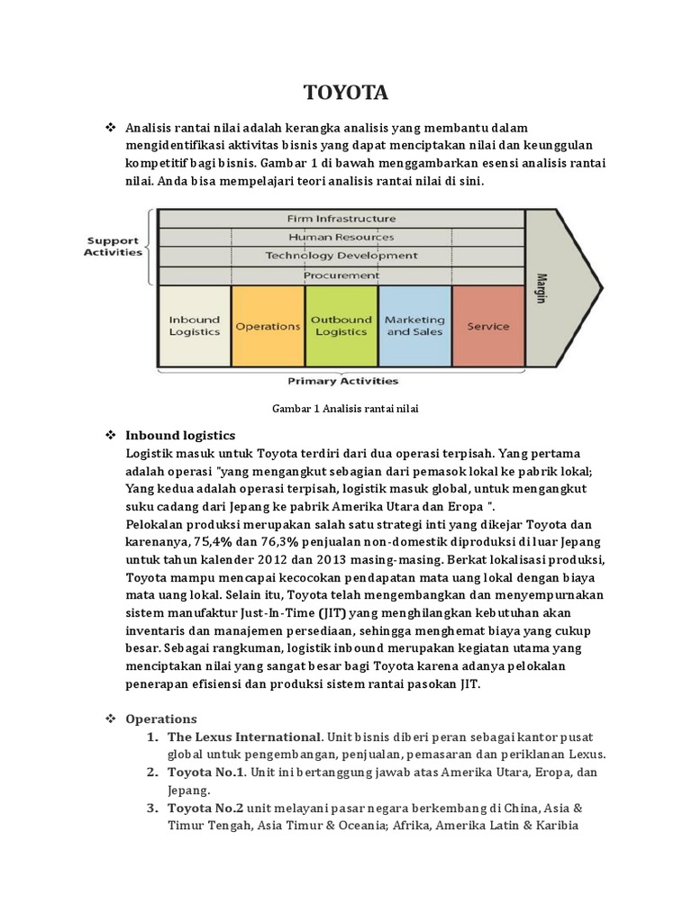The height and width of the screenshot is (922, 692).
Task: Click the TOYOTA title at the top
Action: (346, 93)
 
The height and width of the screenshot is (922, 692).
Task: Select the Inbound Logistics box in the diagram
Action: (195, 326)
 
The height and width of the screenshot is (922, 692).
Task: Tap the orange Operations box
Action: (268, 326)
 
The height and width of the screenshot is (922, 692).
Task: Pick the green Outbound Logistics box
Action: (341, 326)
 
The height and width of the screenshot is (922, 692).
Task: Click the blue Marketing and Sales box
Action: (414, 326)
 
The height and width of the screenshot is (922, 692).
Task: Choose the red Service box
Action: (487, 326)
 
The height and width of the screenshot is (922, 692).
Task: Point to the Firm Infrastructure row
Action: (341, 218)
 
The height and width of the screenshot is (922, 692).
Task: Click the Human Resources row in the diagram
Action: (341, 237)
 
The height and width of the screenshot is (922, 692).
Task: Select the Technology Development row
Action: (341, 256)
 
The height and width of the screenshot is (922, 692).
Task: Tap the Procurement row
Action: (341, 275)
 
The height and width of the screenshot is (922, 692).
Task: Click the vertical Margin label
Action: (542, 287)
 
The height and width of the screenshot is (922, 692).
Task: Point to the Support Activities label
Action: (114, 246)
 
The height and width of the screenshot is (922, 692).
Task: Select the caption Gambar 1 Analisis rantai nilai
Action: (346, 408)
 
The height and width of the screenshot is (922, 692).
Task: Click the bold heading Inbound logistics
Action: (180, 435)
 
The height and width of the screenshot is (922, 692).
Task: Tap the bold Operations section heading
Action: (160, 719)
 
